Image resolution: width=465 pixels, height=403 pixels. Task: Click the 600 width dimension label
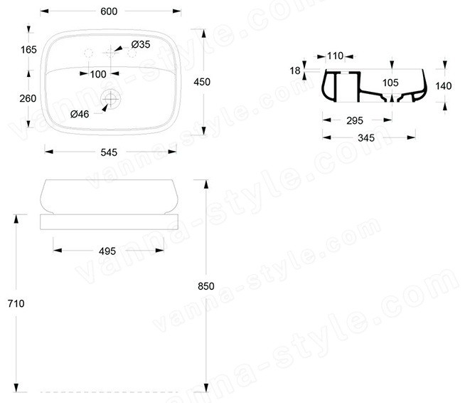(x=109, y=11)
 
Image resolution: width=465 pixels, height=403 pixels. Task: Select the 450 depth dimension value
(x=202, y=82)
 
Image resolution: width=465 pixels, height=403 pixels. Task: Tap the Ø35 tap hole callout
(x=141, y=45)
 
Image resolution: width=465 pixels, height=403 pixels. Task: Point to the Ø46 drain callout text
(x=80, y=114)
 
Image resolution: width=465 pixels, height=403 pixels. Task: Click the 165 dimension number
(x=28, y=50)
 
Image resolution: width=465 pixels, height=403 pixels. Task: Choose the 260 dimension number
(x=28, y=98)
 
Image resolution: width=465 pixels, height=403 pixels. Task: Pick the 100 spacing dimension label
(x=98, y=74)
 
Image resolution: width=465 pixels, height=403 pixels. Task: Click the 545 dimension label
(x=109, y=152)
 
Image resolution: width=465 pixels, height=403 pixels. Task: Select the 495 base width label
(x=107, y=251)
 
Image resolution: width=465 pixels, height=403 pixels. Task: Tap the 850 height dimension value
(x=205, y=286)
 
